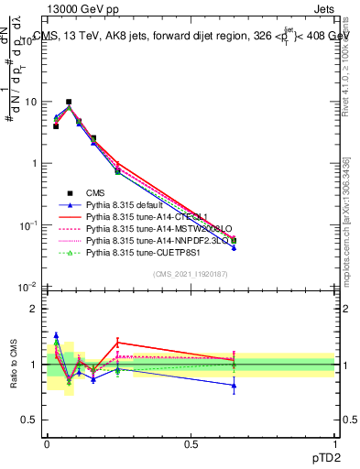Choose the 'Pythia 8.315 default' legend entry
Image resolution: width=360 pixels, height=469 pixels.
[x=129, y=203]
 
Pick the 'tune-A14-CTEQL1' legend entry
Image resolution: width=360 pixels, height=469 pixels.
[x=145, y=215]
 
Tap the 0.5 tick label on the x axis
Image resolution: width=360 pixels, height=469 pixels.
[x=191, y=443]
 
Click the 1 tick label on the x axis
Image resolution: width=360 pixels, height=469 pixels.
[x=334, y=443]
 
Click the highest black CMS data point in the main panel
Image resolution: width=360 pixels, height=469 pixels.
[x=69, y=102]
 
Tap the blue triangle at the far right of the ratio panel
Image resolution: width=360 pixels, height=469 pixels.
[x=234, y=386]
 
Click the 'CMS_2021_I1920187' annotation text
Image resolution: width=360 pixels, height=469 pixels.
[x=190, y=274]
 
